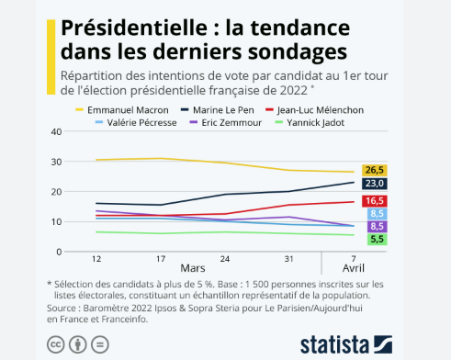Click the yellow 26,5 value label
[x=376, y=170]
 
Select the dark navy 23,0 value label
[x=376, y=184]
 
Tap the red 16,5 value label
[x=376, y=200]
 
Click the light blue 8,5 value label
[x=376, y=213]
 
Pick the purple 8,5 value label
[x=376, y=226]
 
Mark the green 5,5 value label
[x=376, y=239]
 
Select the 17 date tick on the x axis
[x=162, y=260]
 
